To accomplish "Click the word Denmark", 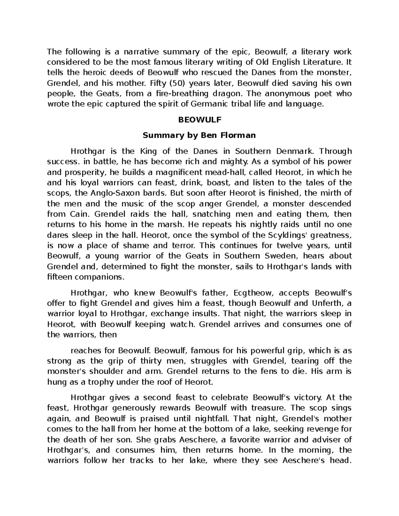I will tap(295, 151).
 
